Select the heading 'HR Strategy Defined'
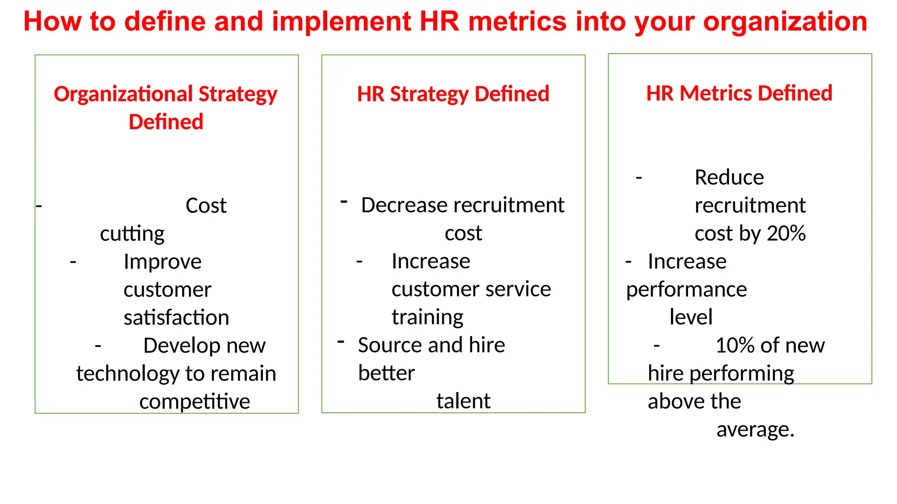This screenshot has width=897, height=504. (453, 94)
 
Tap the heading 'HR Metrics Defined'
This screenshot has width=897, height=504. (739, 93)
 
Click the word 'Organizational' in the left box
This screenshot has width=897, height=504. (123, 94)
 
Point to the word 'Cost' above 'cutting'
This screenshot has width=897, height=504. (206, 206)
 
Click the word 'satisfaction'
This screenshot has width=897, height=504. (176, 318)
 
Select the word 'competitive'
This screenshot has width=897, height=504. (194, 402)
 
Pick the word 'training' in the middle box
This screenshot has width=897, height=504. (427, 317)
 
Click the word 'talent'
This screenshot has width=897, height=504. (463, 401)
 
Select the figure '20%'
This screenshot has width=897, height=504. (786, 233)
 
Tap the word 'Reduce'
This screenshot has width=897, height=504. (729, 178)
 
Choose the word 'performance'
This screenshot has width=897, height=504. (686, 290)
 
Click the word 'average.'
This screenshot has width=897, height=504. (755, 430)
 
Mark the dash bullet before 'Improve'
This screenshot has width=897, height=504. (73, 262)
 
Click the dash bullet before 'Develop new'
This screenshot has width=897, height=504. (98, 346)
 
